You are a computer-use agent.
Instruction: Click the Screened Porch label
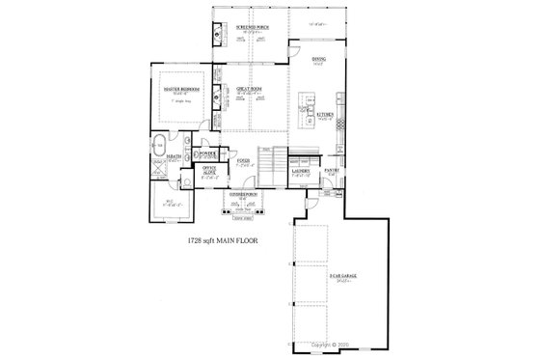249,28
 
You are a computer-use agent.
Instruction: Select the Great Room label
250,90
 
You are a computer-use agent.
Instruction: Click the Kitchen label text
325,114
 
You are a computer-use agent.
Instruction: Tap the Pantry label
332,171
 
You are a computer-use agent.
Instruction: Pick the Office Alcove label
208,170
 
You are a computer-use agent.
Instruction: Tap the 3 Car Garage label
341,276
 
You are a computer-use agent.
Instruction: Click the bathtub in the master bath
157,147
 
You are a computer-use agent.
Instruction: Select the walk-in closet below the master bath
168,202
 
